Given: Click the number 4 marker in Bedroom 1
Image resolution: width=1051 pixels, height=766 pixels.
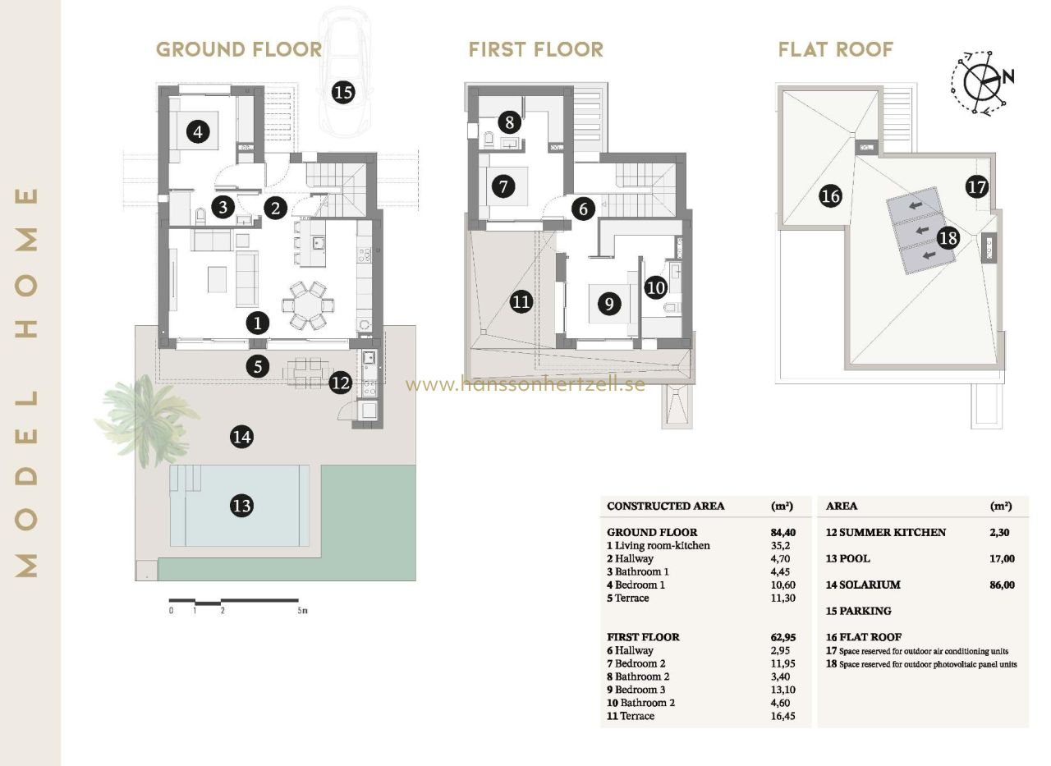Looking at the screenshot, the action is click(x=198, y=132).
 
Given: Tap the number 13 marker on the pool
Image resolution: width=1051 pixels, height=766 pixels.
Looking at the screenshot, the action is click(x=242, y=506).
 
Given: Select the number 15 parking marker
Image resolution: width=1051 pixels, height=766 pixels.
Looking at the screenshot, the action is click(x=343, y=92).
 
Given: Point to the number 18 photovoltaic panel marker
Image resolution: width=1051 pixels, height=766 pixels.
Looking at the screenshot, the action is click(x=948, y=238).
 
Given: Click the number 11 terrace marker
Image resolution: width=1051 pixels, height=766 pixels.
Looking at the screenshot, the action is click(x=521, y=301).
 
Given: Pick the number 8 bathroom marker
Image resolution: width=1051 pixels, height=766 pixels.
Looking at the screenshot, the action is click(x=510, y=123).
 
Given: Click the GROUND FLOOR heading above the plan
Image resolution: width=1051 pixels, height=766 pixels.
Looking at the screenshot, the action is click(x=239, y=49).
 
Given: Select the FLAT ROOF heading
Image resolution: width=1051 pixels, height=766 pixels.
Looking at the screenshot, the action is click(x=836, y=49).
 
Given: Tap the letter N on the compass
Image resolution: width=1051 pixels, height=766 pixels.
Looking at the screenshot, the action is click(x=1008, y=76).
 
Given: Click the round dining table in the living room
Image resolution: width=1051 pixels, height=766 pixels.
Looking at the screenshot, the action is click(x=308, y=305).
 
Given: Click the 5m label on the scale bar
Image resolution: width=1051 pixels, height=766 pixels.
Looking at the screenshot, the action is click(x=303, y=611).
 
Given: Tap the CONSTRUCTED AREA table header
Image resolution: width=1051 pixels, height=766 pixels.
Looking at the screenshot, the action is click(x=665, y=506).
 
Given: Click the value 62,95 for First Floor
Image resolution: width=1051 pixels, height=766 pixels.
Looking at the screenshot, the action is click(x=783, y=637).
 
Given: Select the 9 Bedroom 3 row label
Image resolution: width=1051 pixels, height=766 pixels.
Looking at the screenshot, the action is click(x=636, y=690).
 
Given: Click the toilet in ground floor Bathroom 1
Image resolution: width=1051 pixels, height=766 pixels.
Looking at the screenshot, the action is click(x=200, y=216).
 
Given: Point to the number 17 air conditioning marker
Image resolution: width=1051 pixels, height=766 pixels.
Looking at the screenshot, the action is click(x=977, y=187).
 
